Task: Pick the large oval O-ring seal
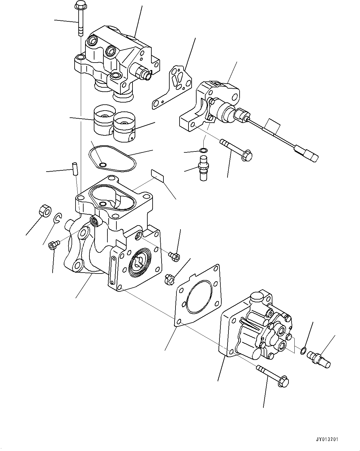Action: pyautogui.click(x=112, y=158)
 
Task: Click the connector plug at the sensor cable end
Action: pyautogui.click(x=308, y=154)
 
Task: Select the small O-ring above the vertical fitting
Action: pyautogui.click(x=203, y=151)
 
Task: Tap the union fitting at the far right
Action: pyautogui.click(x=319, y=361)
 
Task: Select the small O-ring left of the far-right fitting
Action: pyautogui.click(x=304, y=350)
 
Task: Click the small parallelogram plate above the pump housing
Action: pyautogui.click(x=158, y=175)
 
